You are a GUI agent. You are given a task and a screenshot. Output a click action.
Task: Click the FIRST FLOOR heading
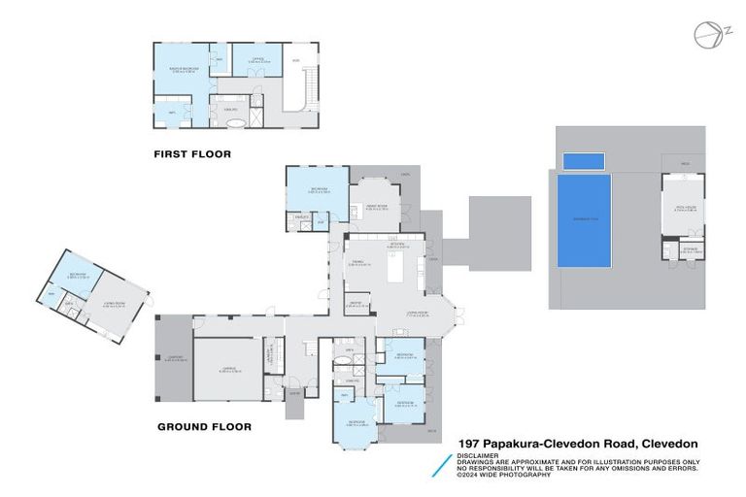point(192,153)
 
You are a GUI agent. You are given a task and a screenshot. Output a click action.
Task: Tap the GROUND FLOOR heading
point(204,426)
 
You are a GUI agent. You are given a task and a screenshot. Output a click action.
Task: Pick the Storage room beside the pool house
point(691,249)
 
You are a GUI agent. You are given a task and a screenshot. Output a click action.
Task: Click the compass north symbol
point(707,34)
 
